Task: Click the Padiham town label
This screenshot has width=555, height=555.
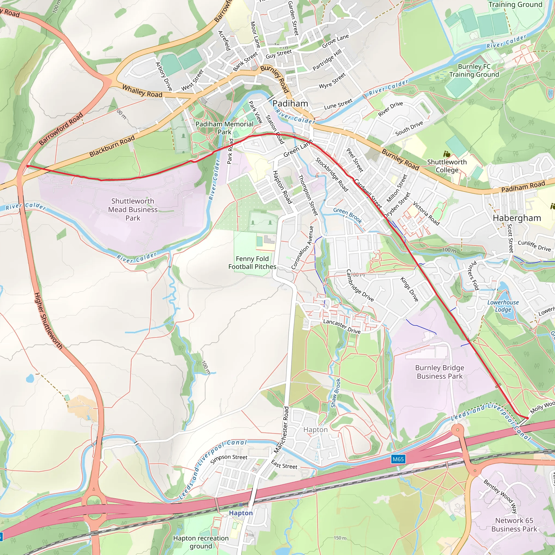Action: pyautogui.click(x=290, y=104)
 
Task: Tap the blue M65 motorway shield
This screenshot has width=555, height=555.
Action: pyautogui.click(x=398, y=459)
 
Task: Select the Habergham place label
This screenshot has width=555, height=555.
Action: pyautogui.click(x=517, y=218)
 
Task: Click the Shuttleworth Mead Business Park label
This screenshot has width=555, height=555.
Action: pyautogui.click(x=133, y=209)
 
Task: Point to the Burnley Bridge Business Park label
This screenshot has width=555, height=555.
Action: pyautogui.click(x=439, y=372)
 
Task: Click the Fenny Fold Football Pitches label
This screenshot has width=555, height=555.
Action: pyautogui.click(x=252, y=263)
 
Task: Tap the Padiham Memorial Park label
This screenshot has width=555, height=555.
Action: pyautogui.click(x=224, y=128)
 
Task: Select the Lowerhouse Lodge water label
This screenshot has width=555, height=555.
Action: pyautogui.click(x=503, y=306)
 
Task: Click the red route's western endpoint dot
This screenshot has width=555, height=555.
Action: pyautogui.click(x=27, y=166)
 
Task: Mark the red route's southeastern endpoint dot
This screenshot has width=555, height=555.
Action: pyautogui.click(x=527, y=418)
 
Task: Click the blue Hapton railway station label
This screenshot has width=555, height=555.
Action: pyautogui.click(x=241, y=513)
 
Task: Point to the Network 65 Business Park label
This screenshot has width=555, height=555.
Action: pyautogui.click(x=514, y=525)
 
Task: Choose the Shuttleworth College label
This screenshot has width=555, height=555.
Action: pyautogui.click(x=447, y=166)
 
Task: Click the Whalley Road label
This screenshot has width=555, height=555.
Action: pyautogui.click(x=142, y=91)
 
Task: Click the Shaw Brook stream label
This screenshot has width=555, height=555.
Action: pyautogui.click(x=335, y=393)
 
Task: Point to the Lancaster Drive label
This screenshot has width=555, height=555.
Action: pyautogui.click(x=342, y=326)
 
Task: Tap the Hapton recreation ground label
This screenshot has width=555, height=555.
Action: pyautogui.click(x=201, y=542)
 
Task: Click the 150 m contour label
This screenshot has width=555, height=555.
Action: pyautogui.click(x=340, y=538)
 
